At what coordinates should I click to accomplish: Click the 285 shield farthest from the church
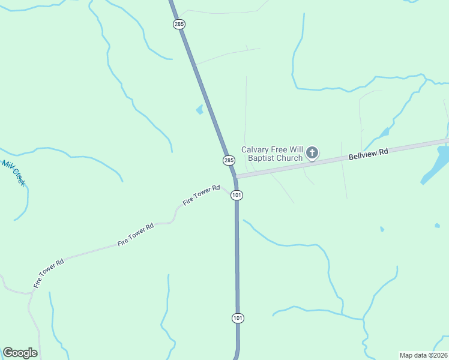179,24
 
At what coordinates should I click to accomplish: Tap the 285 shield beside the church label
229,160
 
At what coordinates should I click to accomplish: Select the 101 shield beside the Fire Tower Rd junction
237,196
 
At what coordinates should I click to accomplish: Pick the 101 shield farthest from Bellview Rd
238,317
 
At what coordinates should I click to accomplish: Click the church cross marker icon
312,153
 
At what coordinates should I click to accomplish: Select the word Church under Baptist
290,158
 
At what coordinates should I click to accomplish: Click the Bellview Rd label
369,154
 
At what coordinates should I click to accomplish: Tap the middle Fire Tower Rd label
136,234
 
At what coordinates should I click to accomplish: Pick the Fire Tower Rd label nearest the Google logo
49,273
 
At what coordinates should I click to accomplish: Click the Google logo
20,353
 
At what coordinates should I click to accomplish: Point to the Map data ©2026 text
424,355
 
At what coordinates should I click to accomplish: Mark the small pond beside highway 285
199,110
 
